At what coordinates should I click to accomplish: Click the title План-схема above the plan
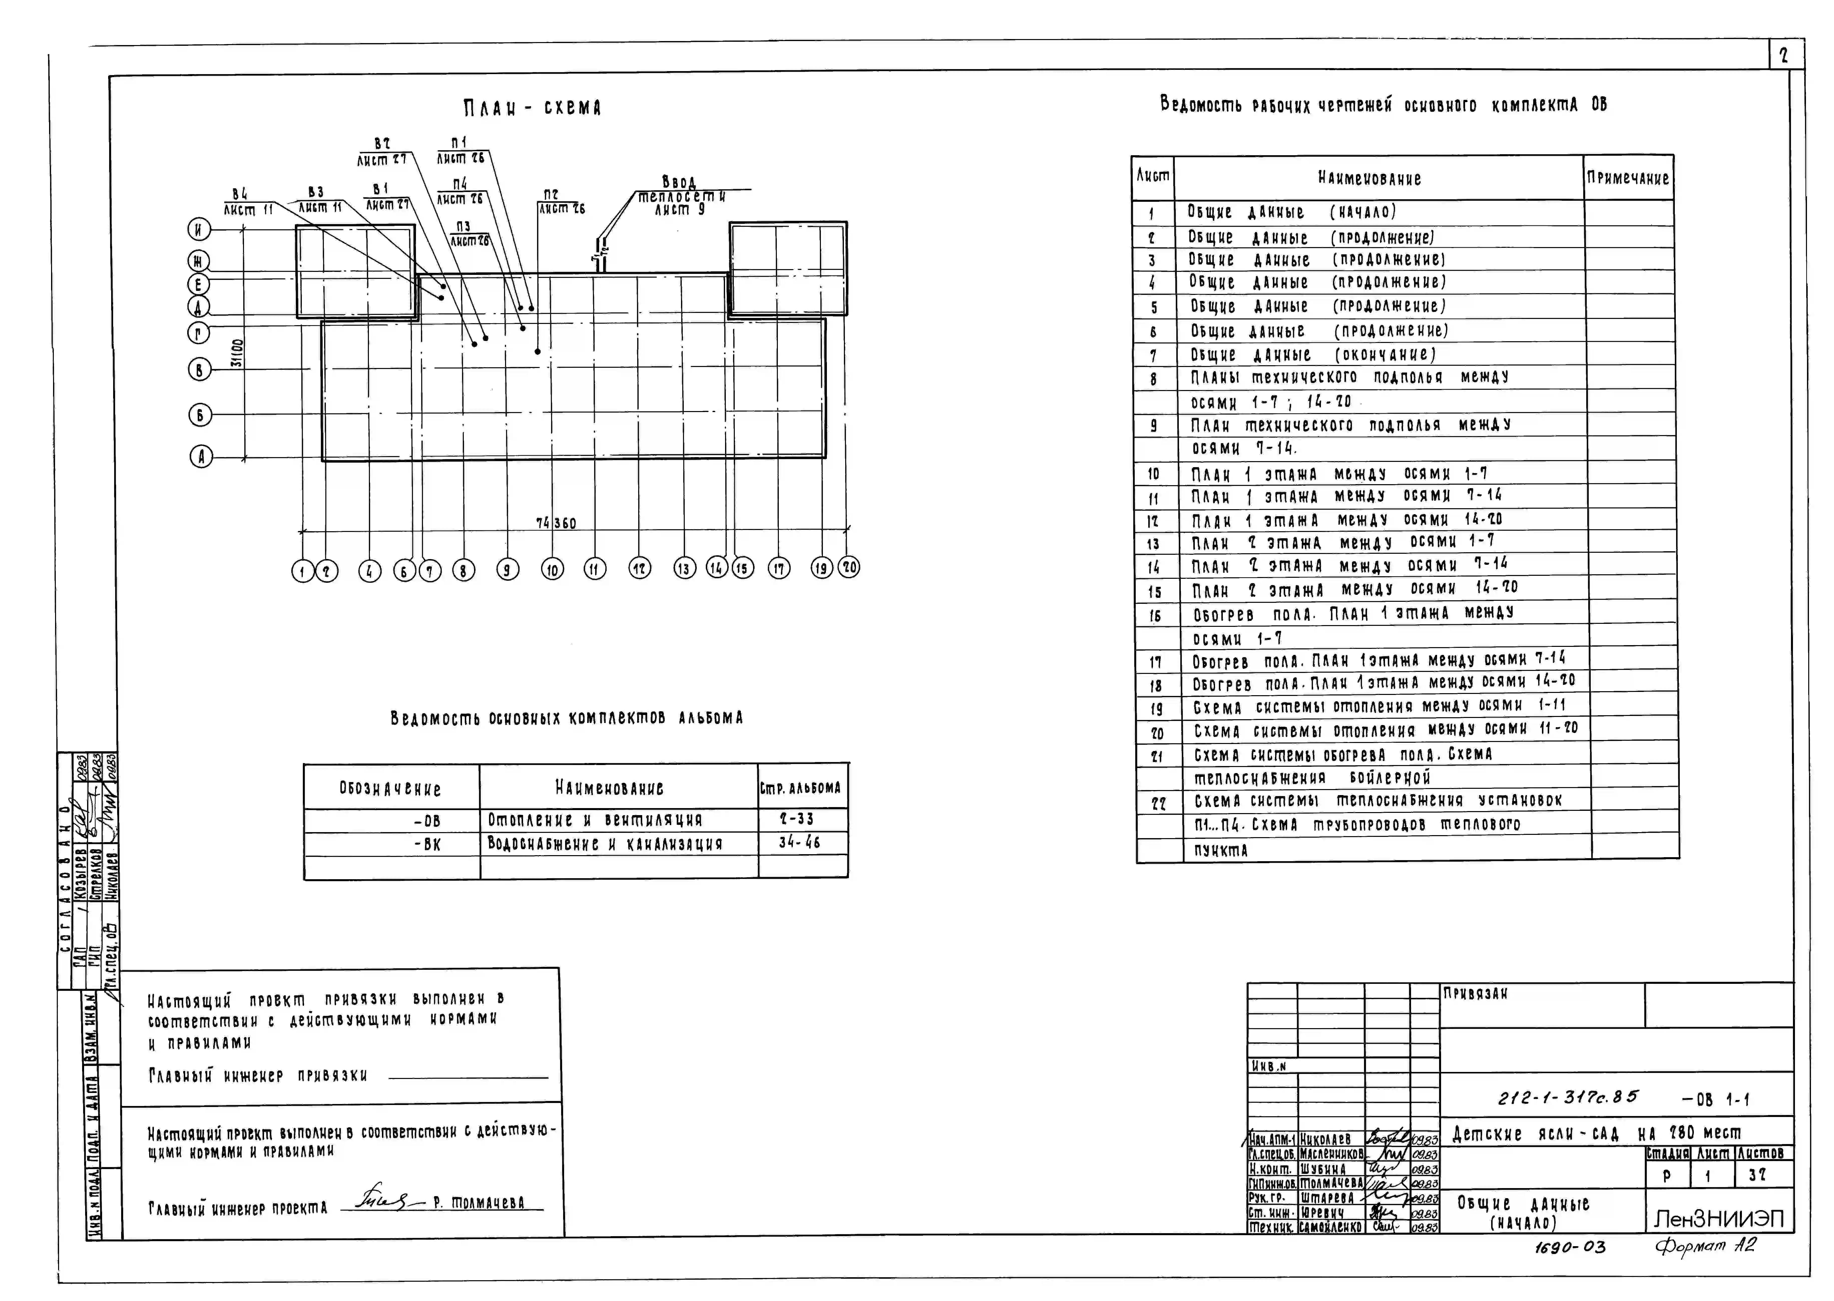point(532,107)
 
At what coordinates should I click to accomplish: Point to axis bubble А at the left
point(201,457)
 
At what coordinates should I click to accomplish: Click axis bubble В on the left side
point(199,369)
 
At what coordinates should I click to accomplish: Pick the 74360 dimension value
point(556,523)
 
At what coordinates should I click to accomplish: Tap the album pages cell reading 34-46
point(799,842)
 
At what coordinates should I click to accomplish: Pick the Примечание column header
point(1628,178)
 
